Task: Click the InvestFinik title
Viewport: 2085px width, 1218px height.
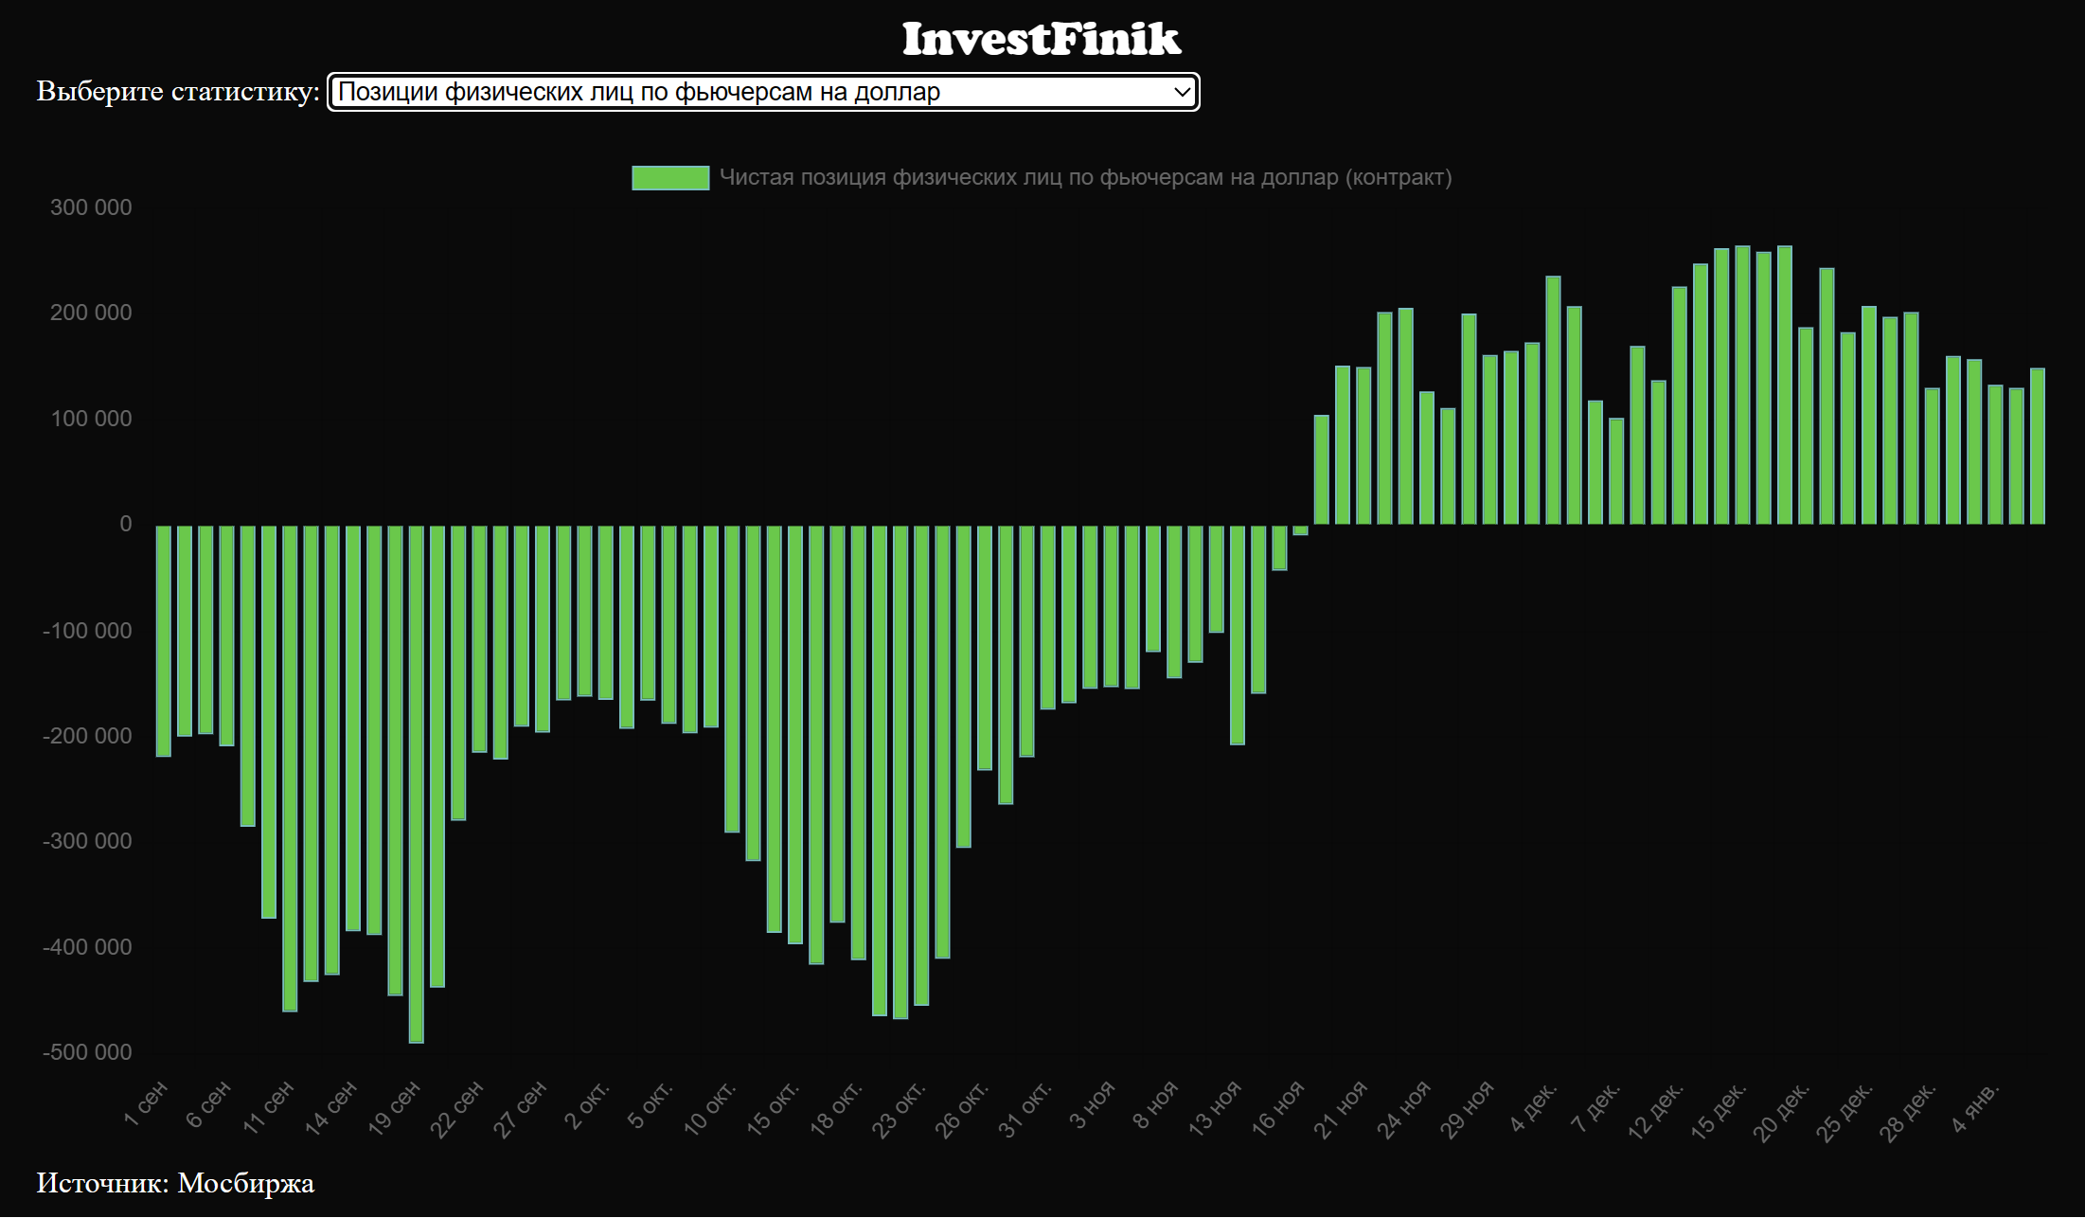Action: pyautogui.click(x=1041, y=40)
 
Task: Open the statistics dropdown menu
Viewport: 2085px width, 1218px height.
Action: pyautogui.click(x=762, y=92)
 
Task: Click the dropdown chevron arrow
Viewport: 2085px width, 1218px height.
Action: pyautogui.click(x=1182, y=92)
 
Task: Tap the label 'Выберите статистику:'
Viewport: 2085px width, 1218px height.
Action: pyautogui.click(x=178, y=92)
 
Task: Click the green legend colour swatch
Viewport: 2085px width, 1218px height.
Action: pyautogui.click(x=670, y=178)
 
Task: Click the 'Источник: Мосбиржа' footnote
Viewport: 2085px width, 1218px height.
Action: pyautogui.click(x=175, y=1183)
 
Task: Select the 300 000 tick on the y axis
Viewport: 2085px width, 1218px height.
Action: pyautogui.click(x=91, y=207)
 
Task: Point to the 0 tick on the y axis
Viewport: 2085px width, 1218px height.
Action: pyautogui.click(x=125, y=524)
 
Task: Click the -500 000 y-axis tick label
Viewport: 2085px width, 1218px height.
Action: pyautogui.click(x=87, y=1052)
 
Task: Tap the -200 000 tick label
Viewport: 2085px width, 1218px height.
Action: pyautogui.click(x=87, y=736)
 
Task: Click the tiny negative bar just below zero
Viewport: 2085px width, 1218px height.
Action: pyautogui.click(x=1301, y=530)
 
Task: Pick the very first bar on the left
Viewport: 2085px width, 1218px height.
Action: pyautogui.click(x=164, y=640)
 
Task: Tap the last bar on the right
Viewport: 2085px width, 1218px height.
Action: pyautogui.click(x=2038, y=446)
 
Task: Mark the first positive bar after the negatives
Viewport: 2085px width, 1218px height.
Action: pyautogui.click(x=1322, y=470)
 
